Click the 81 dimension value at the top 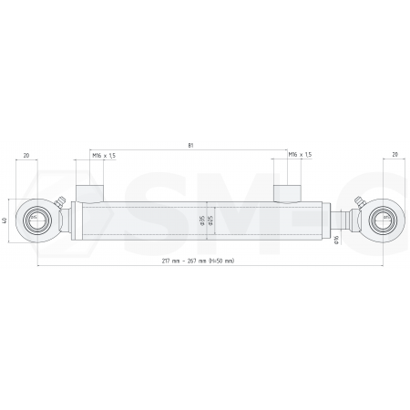click(x=190, y=145)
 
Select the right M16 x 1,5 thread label click(x=300, y=156)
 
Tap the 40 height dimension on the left click(x=6, y=220)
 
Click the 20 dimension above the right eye click(x=394, y=156)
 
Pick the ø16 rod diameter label click(x=337, y=241)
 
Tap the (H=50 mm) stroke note click(x=221, y=261)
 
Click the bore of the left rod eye click(x=36, y=220)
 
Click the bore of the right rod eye click(x=383, y=220)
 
